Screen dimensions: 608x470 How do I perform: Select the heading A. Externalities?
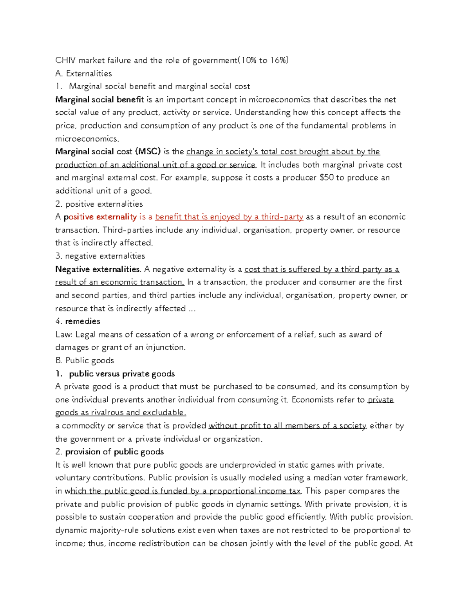tap(83, 74)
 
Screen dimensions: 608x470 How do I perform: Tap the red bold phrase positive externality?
tap(100, 217)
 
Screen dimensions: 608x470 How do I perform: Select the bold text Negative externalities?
tap(98, 269)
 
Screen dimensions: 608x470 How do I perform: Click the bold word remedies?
tap(83, 321)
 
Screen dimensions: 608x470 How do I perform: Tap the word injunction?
tap(165, 348)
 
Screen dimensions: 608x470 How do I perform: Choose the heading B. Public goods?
tap(85, 361)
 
